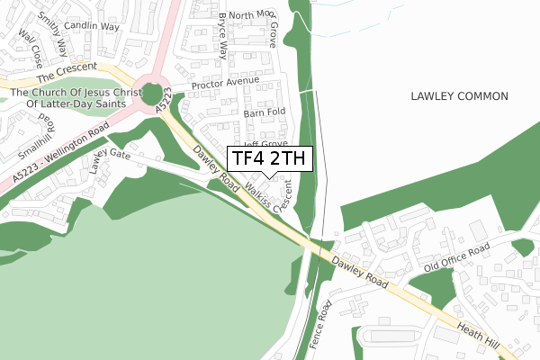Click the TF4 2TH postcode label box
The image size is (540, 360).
pyautogui.click(x=269, y=159)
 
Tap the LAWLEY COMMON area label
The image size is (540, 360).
pyautogui.click(x=459, y=96)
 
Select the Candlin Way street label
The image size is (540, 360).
pyautogui.click(x=92, y=27)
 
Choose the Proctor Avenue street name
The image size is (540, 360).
pyautogui.click(x=225, y=83)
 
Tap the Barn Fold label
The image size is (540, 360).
pyautogui.click(x=264, y=112)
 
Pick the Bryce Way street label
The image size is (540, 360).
pyautogui.click(x=222, y=35)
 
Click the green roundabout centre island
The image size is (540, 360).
pyautogui.click(x=155, y=93)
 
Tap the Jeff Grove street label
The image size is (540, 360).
pyautogui.click(x=265, y=142)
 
